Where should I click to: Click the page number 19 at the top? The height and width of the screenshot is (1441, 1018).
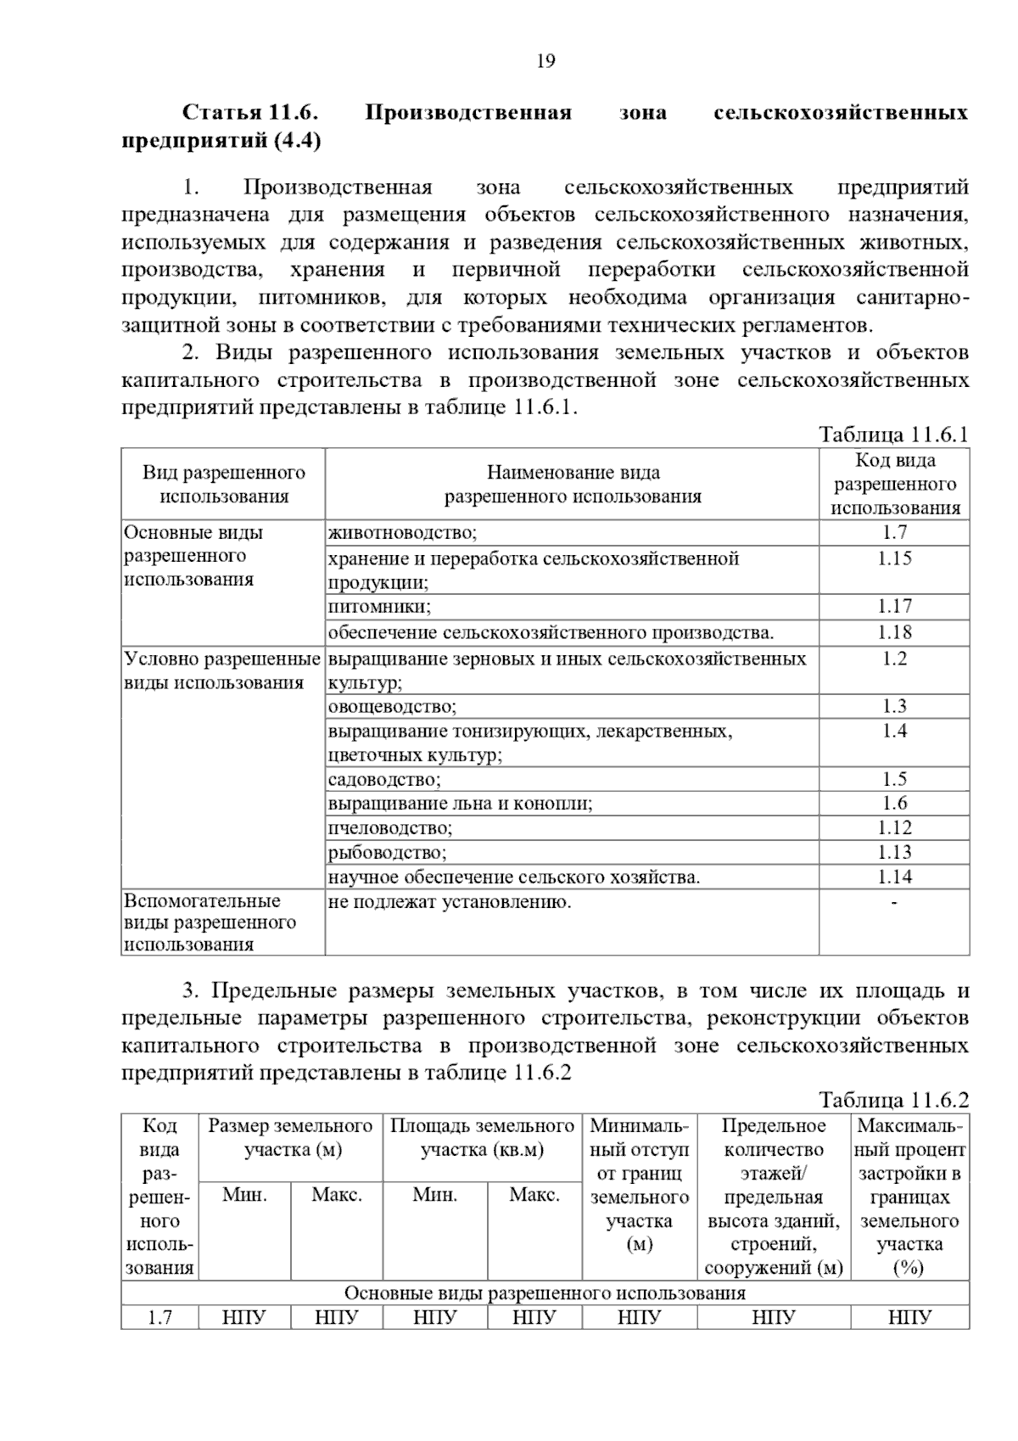click(545, 61)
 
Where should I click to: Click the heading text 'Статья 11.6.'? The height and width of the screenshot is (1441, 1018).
click(249, 113)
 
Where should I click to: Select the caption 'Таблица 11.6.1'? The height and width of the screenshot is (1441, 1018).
click(893, 435)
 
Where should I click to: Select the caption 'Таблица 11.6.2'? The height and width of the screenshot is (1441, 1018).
click(893, 1101)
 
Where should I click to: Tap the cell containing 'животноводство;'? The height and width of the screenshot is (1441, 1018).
click(403, 533)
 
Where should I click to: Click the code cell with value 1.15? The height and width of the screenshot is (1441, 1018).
click(894, 558)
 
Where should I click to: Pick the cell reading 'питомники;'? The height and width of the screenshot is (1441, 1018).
click(379, 607)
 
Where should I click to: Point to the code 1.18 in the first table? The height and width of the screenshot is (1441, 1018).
click(894, 632)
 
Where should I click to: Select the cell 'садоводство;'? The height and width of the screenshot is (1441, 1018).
click(384, 779)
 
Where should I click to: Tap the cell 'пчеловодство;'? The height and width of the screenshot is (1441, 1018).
click(390, 827)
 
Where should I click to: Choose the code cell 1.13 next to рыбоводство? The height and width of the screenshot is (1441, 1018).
click(894, 852)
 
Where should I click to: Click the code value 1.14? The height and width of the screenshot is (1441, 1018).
click(894, 877)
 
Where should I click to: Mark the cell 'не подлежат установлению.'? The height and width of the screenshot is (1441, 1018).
click(450, 902)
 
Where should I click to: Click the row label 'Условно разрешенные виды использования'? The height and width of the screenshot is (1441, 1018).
click(222, 670)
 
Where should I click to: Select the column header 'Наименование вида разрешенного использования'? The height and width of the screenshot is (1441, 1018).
click(573, 485)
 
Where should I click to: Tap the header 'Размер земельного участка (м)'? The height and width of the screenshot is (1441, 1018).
click(291, 1138)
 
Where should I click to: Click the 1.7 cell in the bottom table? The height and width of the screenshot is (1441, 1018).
click(159, 1317)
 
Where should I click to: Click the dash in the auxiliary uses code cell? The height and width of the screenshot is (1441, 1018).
click(894, 902)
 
